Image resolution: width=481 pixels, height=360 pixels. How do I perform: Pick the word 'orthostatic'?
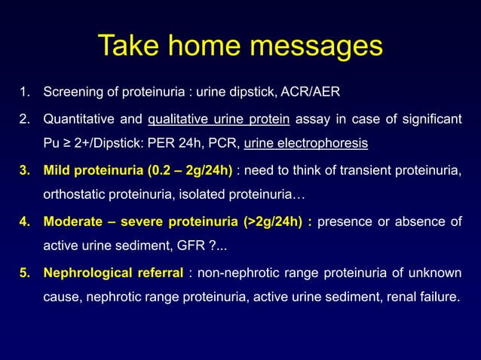tap(75, 195)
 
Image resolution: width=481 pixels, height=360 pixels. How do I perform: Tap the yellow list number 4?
tap(24, 221)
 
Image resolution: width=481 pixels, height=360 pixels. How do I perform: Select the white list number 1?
tap(25, 93)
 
